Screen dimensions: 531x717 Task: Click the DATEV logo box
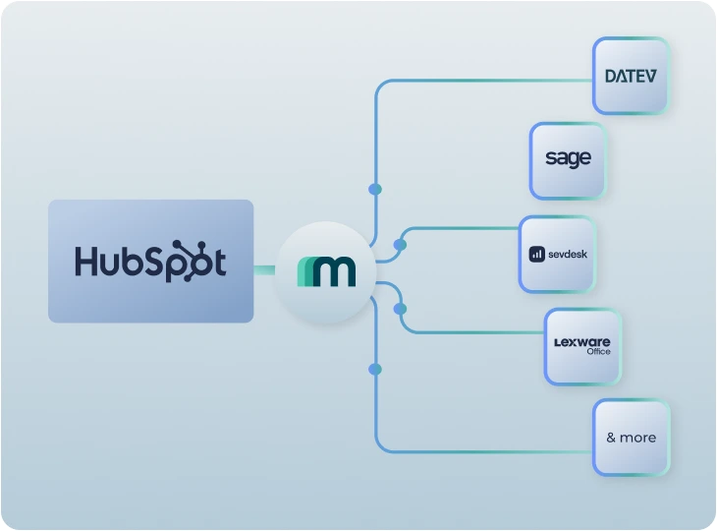click(x=631, y=76)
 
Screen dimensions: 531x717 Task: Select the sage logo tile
click(x=568, y=159)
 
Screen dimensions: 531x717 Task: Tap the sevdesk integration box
click(x=557, y=254)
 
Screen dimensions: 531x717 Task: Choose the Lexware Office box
click(x=582, y=345)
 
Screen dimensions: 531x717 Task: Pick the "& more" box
click(x=631, y=438)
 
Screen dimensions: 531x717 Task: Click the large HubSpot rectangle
click(x=150, y=262)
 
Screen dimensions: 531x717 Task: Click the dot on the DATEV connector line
click(x=374, y=189)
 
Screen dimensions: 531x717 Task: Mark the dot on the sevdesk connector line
click(x=400, y=244)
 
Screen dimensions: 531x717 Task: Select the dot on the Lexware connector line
click(x=400, y=309)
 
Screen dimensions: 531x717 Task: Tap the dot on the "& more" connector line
click(x=374, y=369)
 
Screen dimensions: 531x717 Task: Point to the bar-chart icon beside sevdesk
click(x=537, y=254)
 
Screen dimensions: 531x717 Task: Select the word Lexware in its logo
click(x=582, y=340)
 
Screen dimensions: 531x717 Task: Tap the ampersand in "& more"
click(x=611, y=438)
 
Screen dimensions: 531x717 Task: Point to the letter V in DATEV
click(x=649, y=76)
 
